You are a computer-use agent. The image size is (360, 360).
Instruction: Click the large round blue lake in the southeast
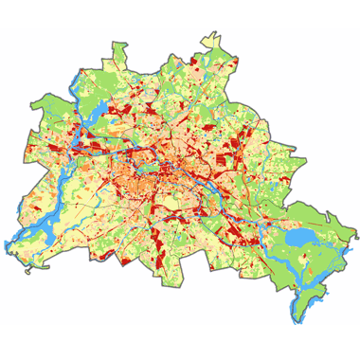pos(300,236)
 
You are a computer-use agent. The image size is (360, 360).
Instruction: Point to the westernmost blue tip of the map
pos(8,243)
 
